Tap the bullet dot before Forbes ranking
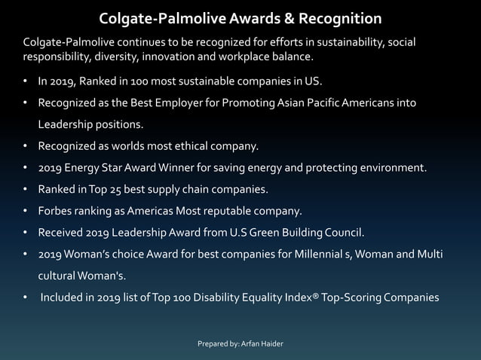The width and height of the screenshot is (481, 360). click(26, 211)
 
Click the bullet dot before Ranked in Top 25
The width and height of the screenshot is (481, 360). click(26, 189)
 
